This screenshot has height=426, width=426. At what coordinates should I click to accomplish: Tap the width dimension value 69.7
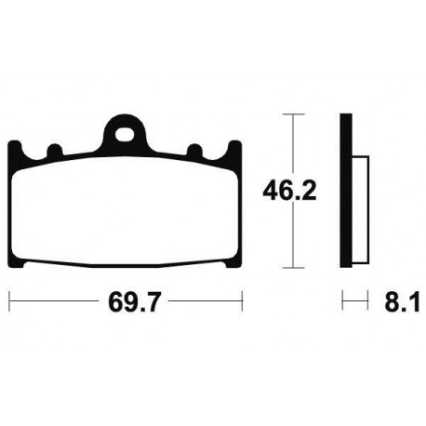point(126,302)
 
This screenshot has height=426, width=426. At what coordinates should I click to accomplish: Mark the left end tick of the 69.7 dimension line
point(9,301)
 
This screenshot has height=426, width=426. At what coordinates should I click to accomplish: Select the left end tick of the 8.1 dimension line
point(342,301)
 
